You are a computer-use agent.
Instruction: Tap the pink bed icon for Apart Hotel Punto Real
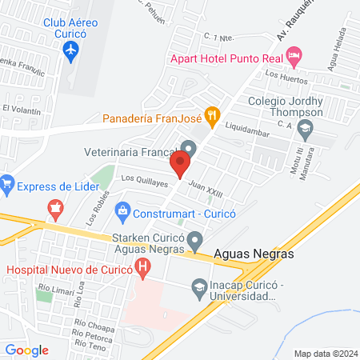(294, 57)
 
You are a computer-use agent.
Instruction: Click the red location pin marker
(180, 166)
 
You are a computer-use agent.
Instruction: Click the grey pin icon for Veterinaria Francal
(189, 148)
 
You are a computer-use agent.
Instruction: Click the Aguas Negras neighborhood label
(254, 254)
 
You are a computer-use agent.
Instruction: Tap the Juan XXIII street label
(206, 189)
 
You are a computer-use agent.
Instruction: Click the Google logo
(27, 350)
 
